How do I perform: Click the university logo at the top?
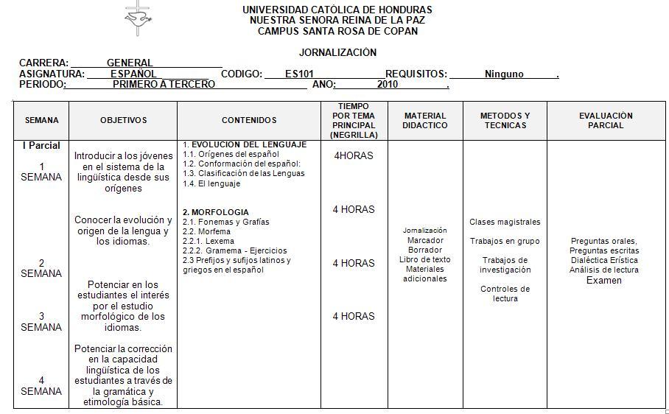click(x=136, y=18)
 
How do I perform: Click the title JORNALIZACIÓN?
click(x=337, y=52)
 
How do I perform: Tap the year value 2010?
click(x=388, y=84)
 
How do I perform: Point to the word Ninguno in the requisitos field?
click(x=504, y=74)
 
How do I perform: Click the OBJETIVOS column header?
click(x=123, y=120)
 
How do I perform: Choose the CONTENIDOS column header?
click(x=249, y=120)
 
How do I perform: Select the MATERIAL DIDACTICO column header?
click(x=425, y=120)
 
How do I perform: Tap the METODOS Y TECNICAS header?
click(x=505, y=120)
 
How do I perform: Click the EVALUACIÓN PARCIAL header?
click(x=606, y=120)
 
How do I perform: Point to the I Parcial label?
click(x=41, y=145)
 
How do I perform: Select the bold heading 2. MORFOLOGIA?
click(x=216, y=212)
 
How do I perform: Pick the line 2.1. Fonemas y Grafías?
click(x=226, y=222)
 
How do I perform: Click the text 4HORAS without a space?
click(x=354, y=155)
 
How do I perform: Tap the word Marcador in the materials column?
click(x=424, y=240)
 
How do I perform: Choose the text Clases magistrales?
click(x=505, y=222)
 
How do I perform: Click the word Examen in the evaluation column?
click(x=604, y=280)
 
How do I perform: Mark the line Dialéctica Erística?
click(x=604, y=260)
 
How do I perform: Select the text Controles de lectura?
click(x=505, y=293)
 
